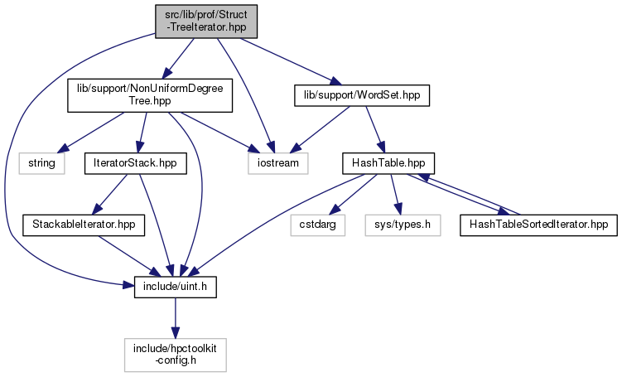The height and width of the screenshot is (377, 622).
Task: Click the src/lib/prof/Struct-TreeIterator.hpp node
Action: [x=205, y=19]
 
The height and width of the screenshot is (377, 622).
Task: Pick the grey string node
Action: [x=41, y=162]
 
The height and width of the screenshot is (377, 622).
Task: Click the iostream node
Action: [x=277, y=162]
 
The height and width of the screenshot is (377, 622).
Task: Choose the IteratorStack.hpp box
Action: [x=135, y=162]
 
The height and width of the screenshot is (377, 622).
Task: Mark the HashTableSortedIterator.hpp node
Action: [x=538, y=224]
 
